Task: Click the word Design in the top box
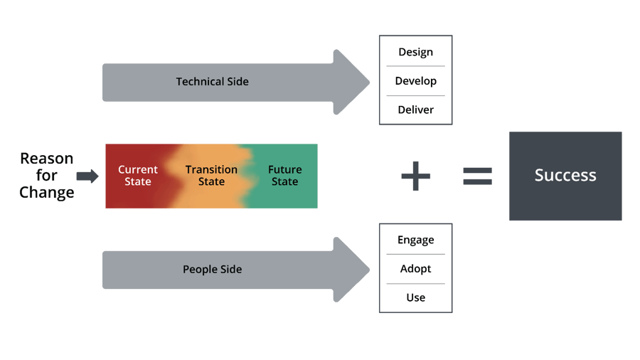tap(415, 53)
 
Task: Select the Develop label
tap(415, 81)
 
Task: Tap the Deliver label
tap(415, 110)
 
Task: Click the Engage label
tap(415, 240)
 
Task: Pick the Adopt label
tap(415, 269)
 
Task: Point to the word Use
tap(415, 297)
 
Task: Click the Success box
tap(565, 176)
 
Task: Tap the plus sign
tap(416, 176)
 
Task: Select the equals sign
tap(478, 176)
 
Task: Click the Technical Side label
tap(212, 82)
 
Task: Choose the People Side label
tap(212, 270)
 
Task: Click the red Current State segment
tap(137, 176)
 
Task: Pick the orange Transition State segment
tap(211, 176)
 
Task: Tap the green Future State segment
tap(284, 176)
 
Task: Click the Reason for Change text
tap(47, 176)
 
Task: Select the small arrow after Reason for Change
tap(87, 176)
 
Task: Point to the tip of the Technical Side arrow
tap(368, 82)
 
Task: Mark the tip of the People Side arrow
tap(368, 270)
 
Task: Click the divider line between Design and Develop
tap(415, 67)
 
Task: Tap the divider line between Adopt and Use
tap(415, 284)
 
